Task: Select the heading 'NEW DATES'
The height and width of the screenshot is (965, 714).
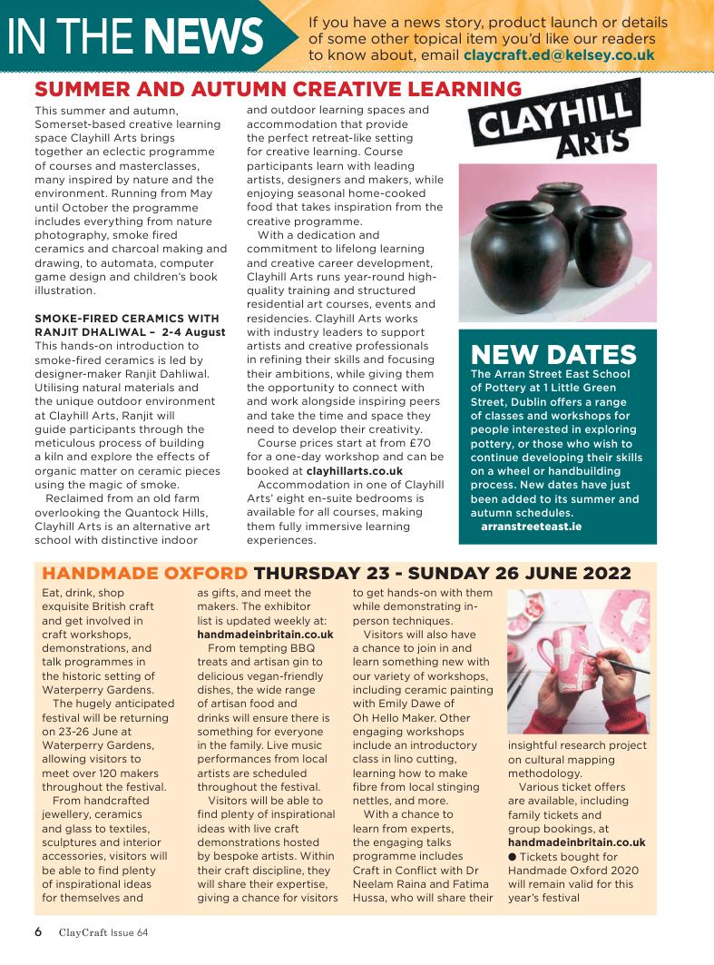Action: (553, 354)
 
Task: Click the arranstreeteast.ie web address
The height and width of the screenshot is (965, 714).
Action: (531, 527)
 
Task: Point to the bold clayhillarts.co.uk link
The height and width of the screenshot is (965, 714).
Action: (354, 472)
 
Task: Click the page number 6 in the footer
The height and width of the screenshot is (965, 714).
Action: (38, 931)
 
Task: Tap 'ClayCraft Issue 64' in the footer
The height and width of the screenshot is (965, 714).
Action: (103, 932)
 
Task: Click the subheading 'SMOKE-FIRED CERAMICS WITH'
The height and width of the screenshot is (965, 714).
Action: (126, 318)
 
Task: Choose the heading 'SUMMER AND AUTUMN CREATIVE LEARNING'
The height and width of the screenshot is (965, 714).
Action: (278, 89)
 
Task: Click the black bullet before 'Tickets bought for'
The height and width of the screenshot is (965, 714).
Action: (513, 857)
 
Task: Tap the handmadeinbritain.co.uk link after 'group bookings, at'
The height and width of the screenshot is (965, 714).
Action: (576, 842)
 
